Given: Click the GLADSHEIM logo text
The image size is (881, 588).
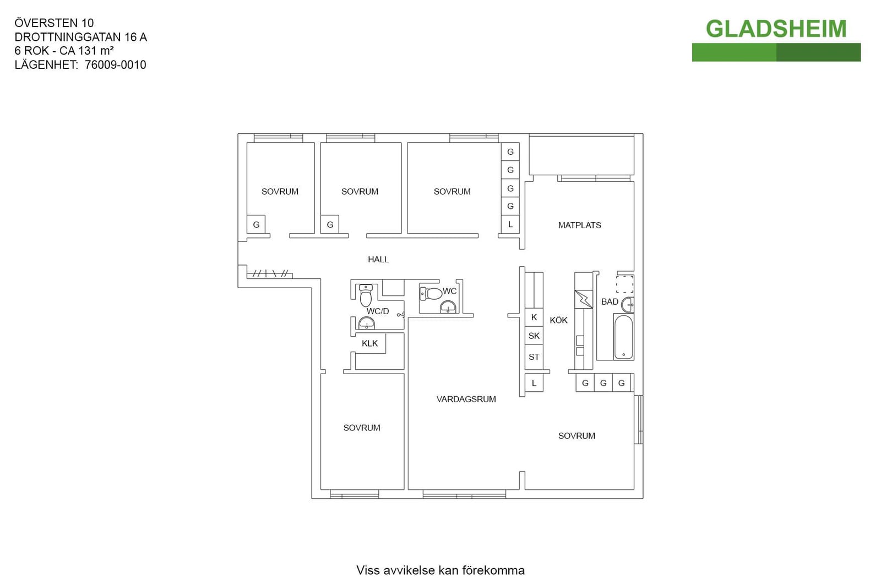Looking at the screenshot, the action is pyautogui.click(x=776, y=29).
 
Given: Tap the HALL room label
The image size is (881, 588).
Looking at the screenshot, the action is pyautogui.click(x=378, y=260).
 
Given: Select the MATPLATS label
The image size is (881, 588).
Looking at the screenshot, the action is pyautogui.click(x=579, y=225).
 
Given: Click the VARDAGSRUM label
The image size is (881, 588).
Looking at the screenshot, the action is pyautogui.click(x=466, y=399).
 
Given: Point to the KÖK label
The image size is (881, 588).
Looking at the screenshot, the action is pyautogui.click(x=558, y=320).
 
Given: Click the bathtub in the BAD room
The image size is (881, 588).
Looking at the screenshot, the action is pyautogui.click(x=623, y=337).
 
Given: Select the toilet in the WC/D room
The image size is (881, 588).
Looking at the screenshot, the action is pyautogui.click(x=366, y=295).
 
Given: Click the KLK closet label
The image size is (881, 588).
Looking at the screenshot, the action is pyautogui.click(x=369, y=343).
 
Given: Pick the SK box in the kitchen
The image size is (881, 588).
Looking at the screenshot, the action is pyautogui.click(x=534, y=336).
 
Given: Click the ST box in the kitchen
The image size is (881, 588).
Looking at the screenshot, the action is pyautogui.click(x=534, y=357).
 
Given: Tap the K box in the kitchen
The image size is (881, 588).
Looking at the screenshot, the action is pyautogui.click(x=534, y=317).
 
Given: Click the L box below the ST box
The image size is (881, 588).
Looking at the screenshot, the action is pyautogui.click(x=534, y=383).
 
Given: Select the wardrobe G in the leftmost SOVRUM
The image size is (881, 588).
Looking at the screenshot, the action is pyautogui.click(x=256, y=224).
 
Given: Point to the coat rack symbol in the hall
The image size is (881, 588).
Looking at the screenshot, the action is pyautogui.click(x=269, y=274).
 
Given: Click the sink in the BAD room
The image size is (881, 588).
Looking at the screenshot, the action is pyautogui.click(x=628, y=305).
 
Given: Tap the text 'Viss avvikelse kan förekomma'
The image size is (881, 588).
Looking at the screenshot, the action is pyautogui.click(x=440, y=570).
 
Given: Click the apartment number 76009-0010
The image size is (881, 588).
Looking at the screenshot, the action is pyautogui.click(x=115, y=65).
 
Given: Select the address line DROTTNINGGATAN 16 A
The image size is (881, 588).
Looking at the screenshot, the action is pyautogui.click(x=80, y=37).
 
